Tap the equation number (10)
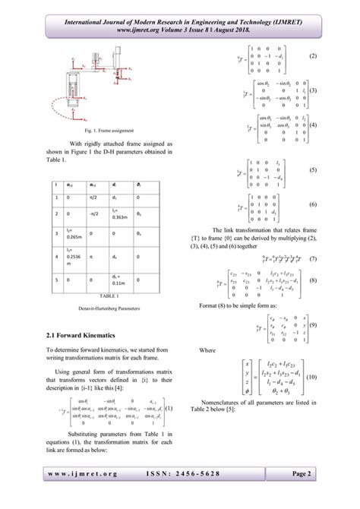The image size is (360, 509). click(x=311, y=377)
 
